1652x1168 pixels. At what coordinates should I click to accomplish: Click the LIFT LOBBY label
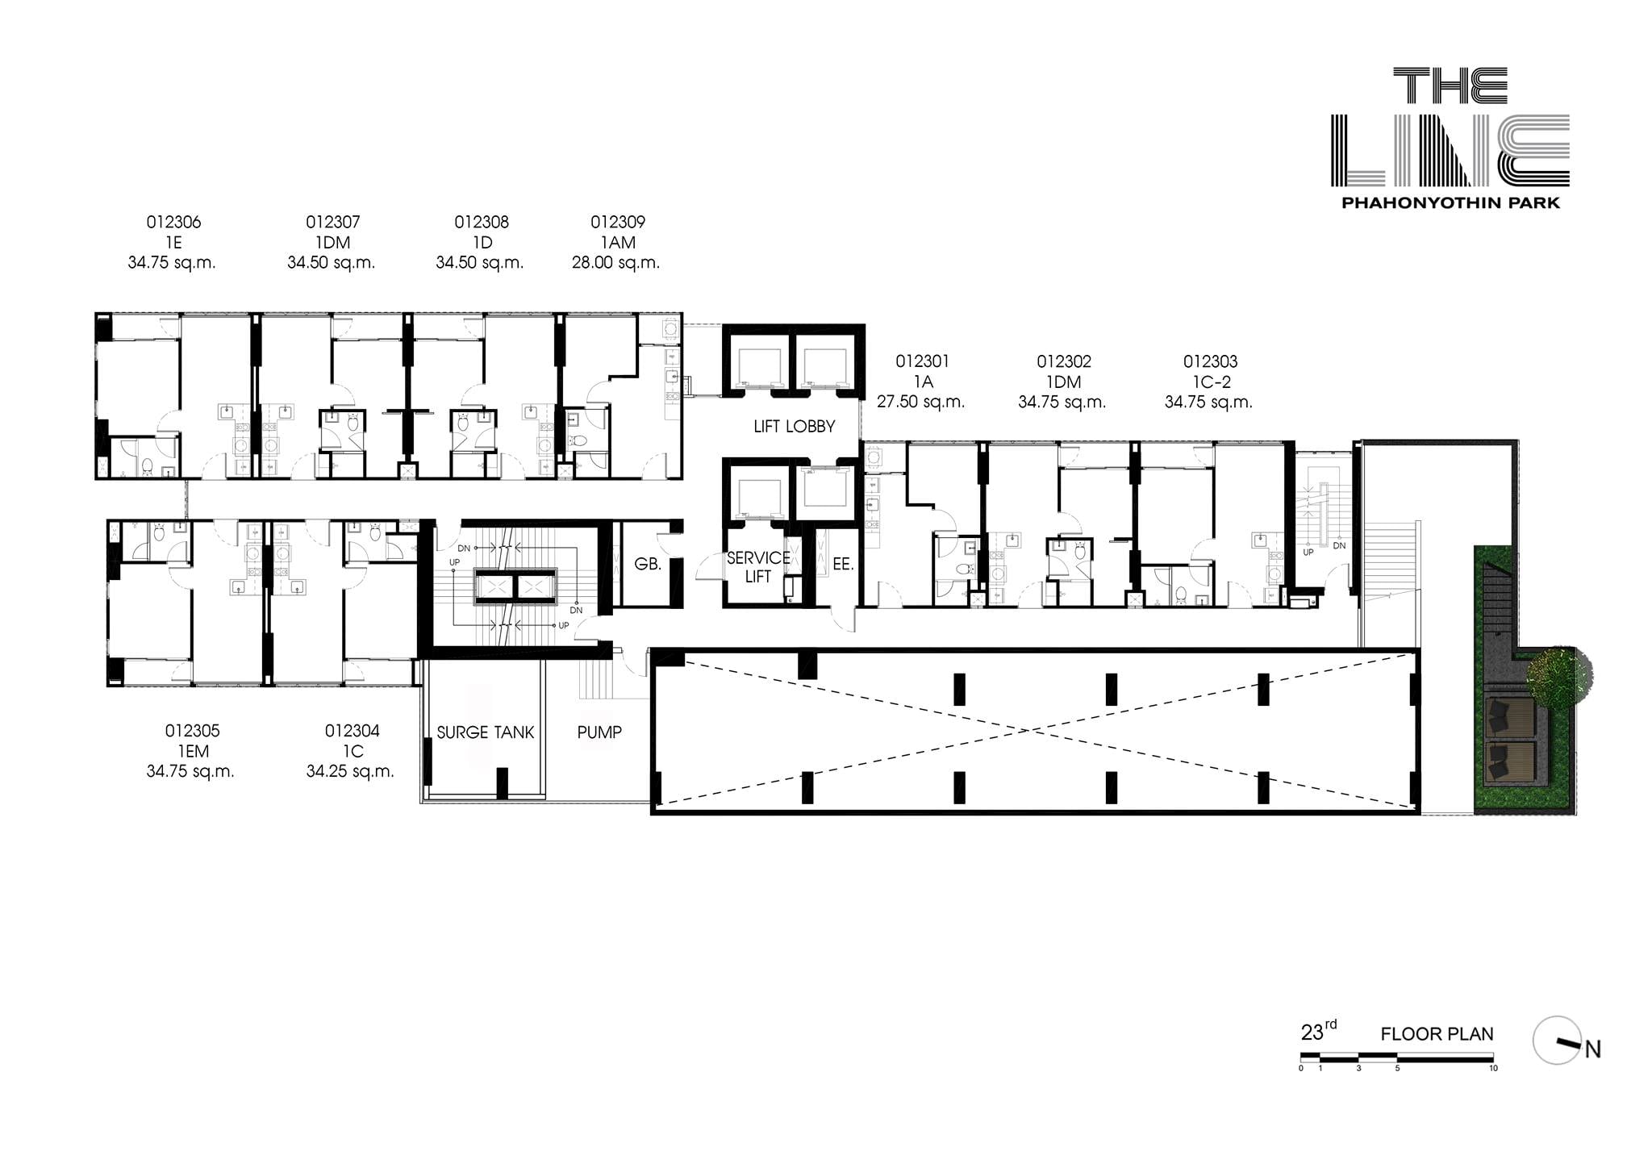click(x=794, y=426)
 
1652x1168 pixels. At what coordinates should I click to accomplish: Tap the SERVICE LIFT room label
click(x=757, y=567)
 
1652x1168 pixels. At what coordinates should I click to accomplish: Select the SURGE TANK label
click(x=485, y=732)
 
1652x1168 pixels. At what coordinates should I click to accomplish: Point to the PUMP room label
click(x=599, y=732)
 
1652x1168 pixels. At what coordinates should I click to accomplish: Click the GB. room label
click(x=648, y=565)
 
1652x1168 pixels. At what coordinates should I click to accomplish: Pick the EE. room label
click(x=843, y=565)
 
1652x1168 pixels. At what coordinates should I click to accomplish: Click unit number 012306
click(x=173, y=222)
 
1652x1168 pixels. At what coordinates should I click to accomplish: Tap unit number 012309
click(x=618, y=222)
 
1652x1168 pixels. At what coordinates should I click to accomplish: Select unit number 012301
click(x=922, y=361)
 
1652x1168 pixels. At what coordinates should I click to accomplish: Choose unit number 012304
click(x=352, y=731)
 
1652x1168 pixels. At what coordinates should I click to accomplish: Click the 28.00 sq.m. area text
click(x=615, y=263)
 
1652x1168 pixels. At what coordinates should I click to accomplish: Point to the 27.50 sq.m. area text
click(x=920, y=402)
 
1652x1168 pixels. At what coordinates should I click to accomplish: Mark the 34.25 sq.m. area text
click(x=350, y=772)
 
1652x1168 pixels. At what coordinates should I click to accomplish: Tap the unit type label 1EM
click(x=193, y=752)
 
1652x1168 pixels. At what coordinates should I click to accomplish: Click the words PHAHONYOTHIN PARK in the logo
click(x=1450, y=203)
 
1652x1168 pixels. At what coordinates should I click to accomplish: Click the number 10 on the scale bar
click(x=1493, y=1069)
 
